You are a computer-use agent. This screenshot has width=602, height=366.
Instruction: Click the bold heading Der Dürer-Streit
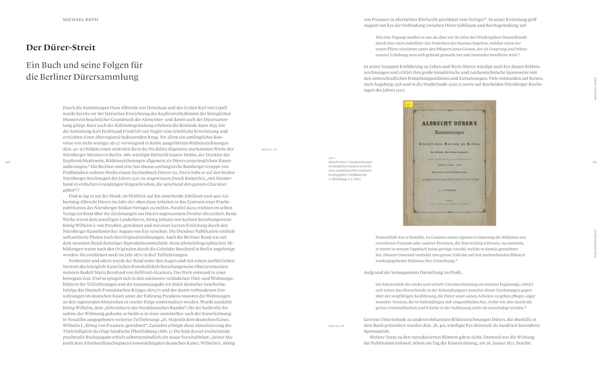[61, 48]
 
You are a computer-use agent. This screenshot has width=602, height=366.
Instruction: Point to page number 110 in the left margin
[7, 162]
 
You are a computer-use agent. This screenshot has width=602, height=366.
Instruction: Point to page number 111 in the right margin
[594, 162]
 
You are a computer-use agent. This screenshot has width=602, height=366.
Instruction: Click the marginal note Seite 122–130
[269, 149]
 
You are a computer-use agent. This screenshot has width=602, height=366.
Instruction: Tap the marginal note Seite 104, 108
[337, 325]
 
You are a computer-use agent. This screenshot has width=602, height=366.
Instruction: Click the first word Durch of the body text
[68, 108]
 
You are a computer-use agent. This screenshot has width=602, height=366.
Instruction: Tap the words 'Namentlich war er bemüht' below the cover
[400, 237]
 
